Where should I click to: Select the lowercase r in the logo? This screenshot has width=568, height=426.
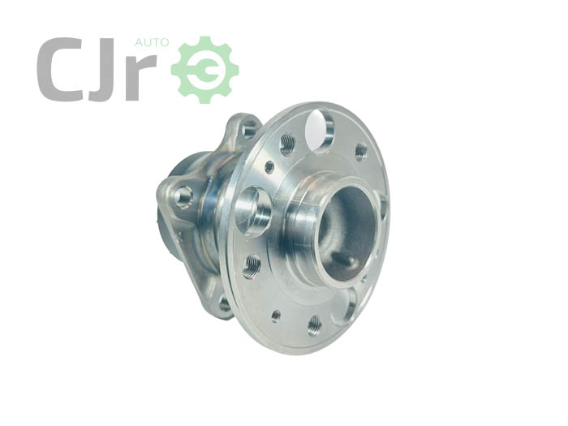(142, 77)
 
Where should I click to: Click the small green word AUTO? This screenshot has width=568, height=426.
(152, 42)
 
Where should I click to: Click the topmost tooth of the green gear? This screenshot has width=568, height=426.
(205, 41)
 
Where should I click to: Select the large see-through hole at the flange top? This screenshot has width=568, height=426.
(319, 131)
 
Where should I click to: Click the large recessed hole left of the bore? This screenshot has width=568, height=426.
(253, 212)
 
